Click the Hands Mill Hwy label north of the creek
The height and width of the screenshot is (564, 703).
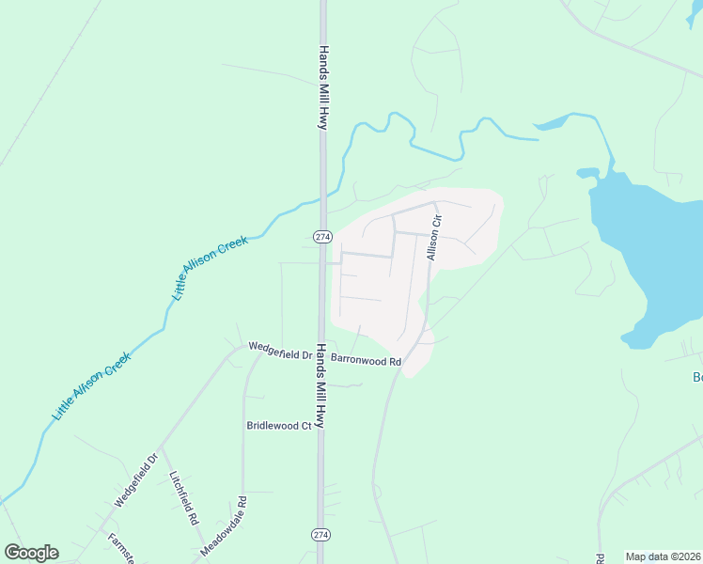[322, 87]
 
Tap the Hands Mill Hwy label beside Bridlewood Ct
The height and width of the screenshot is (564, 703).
[320, 386]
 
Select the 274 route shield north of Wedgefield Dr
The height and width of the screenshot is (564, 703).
[321, 235]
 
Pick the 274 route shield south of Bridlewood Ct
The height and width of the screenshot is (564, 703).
[321, 534]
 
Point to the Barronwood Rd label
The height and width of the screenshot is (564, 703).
[366, 360]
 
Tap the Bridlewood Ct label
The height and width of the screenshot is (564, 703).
[278, 426]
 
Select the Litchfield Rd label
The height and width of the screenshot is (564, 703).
[184, 497]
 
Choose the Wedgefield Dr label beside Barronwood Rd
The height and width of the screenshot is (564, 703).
[279, 351]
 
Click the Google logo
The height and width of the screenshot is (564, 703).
[31, 553]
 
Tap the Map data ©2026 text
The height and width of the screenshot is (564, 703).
[663, 556]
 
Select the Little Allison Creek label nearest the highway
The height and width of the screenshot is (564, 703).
[211, 268]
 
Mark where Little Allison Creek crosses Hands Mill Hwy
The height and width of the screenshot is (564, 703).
[323, 196]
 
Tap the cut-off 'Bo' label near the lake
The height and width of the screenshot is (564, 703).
[697, 378]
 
